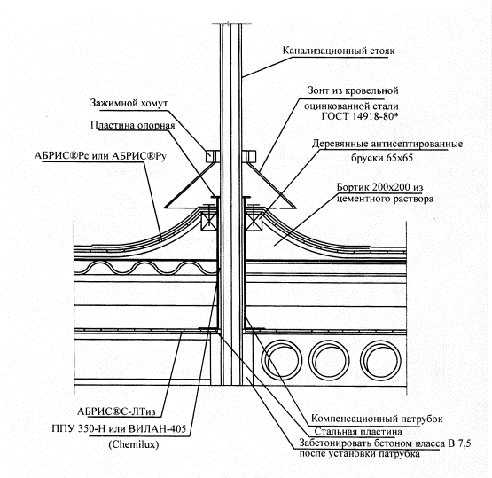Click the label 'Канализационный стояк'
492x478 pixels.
(x=339, y=51)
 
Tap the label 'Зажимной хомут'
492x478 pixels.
(x=129, y=103)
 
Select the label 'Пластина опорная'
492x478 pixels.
(x=133, y=125)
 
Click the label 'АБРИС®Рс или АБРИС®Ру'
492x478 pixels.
(x=100, y=156)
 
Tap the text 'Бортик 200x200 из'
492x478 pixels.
(x=379, y=187)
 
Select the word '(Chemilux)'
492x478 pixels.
(x=133, y=444)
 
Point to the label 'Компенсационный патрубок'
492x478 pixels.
(x=377, y=419)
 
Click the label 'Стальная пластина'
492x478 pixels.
(x=358, y=432)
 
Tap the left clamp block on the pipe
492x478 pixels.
(x=212, y=156)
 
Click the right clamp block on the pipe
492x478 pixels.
(x=249, y=156)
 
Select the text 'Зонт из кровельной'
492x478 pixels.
(x=353, y=90)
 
